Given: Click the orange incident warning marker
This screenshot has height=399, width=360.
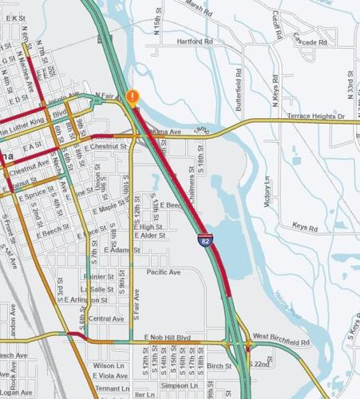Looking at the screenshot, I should (x=133, y=97).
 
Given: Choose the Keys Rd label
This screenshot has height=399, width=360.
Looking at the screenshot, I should (x=305, y=227).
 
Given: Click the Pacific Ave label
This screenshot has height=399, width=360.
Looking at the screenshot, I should (x=164, y=272).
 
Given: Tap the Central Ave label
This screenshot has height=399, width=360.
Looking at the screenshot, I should (x=106, y=319).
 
